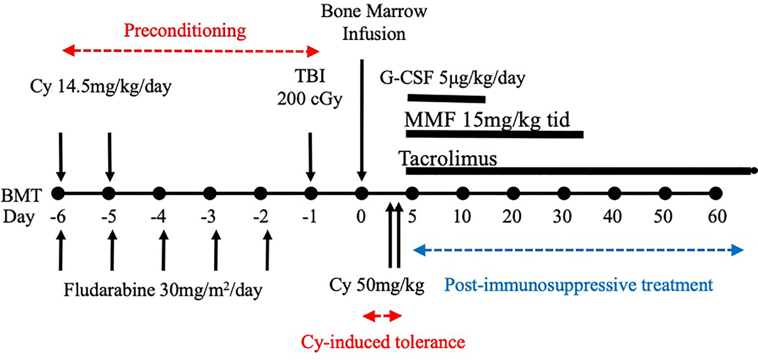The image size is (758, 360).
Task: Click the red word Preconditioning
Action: click(185, 31)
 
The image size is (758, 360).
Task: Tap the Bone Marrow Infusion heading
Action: click(374, 23)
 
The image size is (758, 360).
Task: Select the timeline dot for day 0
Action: click(362, 194)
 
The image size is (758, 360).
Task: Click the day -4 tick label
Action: click(159, 217)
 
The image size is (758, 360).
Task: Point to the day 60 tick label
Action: click(717, 217)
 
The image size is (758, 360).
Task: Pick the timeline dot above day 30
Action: click(564, 194)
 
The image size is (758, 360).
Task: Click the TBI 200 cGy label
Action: click(310, 88)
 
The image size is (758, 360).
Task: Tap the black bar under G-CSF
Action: click(446, 98)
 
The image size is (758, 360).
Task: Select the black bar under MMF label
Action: click(495, 134)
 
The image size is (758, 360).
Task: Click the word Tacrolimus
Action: click(448, 159)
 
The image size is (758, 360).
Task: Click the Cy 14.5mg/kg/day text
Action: click(101, 87)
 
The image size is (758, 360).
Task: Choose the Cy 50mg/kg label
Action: click(377, 286)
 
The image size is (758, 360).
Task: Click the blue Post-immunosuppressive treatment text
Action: click(578, 285)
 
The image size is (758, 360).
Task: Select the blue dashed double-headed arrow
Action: click(578, 250)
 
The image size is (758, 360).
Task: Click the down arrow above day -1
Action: click(310, 157)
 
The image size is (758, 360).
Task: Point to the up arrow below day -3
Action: click(216, 251)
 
